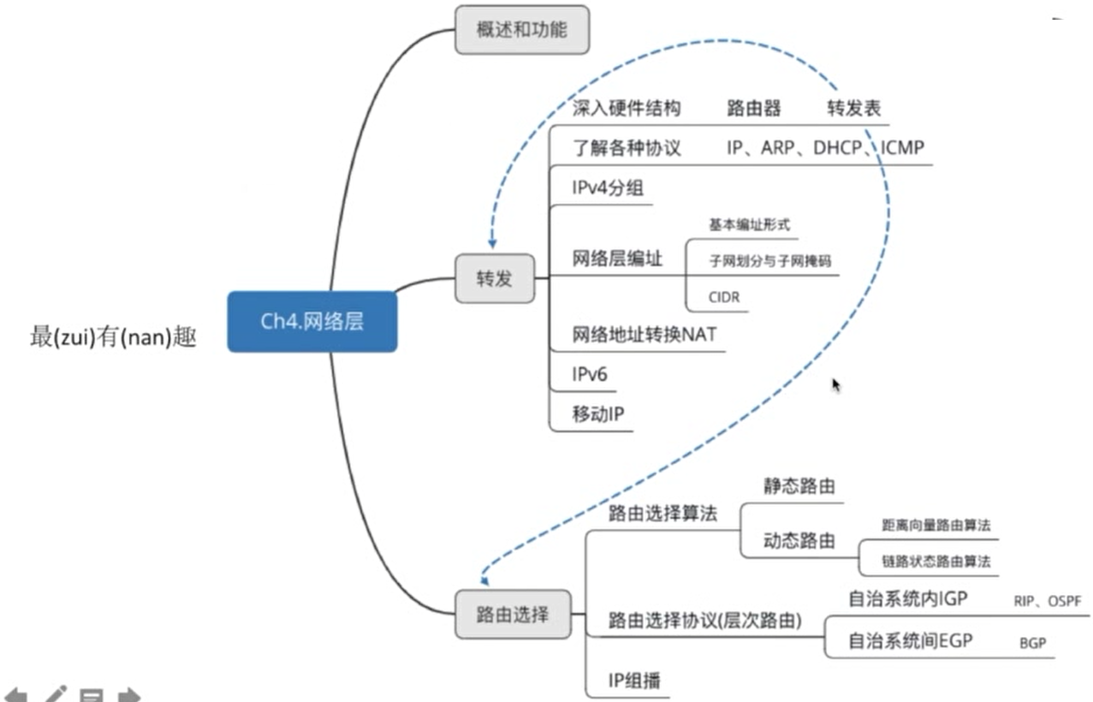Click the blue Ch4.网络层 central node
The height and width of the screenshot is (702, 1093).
pos(312,321)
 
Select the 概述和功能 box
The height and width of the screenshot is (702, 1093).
pos(521,29)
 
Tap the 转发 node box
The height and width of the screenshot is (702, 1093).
pos(494,278)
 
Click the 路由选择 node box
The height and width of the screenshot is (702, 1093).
pos(512,614)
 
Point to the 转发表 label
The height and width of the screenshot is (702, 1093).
pos(853,109)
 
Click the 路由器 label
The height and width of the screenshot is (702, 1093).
pos(753,109)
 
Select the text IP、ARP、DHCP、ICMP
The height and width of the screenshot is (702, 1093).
pos(825,147)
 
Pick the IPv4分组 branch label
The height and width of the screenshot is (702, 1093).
pos(608,188)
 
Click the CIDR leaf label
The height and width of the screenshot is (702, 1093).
pos(724,298)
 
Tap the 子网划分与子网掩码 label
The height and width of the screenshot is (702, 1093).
pos(769,261)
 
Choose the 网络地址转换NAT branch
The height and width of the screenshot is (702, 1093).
pos(645,335)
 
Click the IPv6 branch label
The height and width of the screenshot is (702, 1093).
pos(590,374)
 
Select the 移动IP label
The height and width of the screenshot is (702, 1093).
pos(598,415)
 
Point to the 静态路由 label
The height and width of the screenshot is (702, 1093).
pos(799,486)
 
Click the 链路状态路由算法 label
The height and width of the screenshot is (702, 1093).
pos(936,562)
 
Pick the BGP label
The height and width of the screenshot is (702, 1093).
pos(1033,643)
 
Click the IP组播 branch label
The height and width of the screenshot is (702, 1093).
pos(634,681)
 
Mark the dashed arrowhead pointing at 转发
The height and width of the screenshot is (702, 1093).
pos(492,243)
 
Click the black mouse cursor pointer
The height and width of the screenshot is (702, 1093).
pos(836,385)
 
